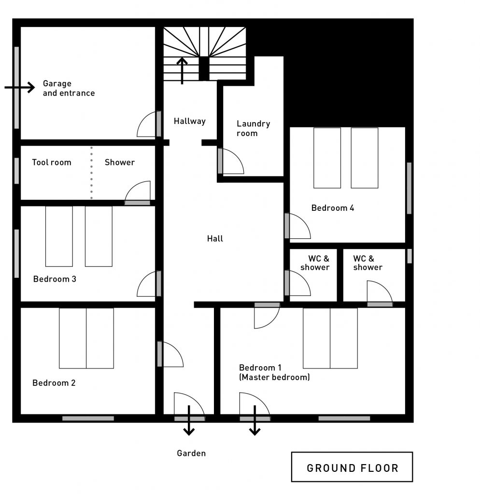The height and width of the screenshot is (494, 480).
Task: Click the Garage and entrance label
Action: (69, 88)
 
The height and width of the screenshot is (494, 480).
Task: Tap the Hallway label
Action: (190, 121)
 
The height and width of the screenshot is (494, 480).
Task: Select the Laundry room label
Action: (253, 128)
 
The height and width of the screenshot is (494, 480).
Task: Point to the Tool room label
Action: (51, 162)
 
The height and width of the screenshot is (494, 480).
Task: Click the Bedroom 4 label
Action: (332, 208)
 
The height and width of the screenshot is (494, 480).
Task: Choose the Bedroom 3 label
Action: (55, 279)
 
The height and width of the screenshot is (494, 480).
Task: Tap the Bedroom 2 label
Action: (54, 383)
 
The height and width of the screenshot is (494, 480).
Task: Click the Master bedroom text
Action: (274, 377)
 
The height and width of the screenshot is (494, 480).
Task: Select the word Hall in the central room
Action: (215, 238)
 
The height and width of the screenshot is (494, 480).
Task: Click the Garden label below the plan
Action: (191, 453)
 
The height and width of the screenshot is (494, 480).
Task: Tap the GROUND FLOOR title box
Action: (352, 467)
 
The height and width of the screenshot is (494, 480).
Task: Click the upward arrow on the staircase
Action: (182, 70)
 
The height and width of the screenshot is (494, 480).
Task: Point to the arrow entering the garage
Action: (19, 87)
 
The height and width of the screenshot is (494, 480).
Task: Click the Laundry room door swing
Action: (230, 161)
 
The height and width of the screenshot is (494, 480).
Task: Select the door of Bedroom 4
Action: (297, 226)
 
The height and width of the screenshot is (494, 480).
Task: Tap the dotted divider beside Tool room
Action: (91, 173)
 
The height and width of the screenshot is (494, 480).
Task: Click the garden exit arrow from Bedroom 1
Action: (254, 420)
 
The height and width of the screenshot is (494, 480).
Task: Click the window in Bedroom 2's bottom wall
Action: (88, 418)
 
